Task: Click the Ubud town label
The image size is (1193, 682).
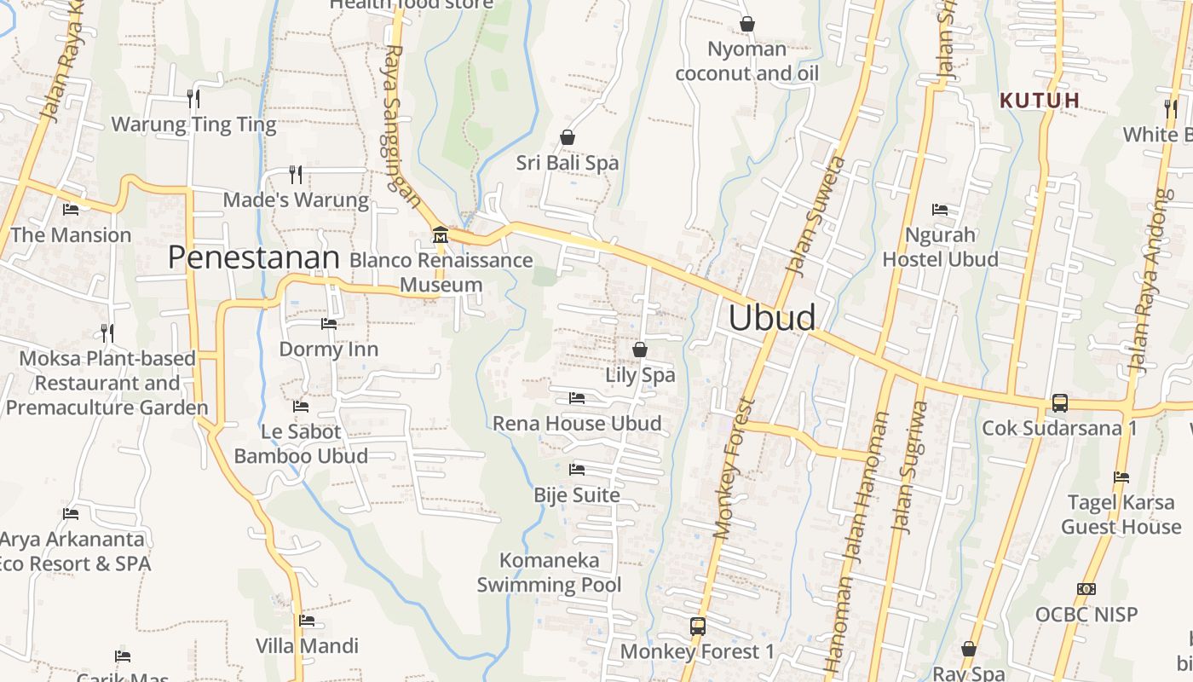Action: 772,317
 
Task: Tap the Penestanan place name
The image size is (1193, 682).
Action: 254,257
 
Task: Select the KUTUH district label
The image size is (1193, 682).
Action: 1040,101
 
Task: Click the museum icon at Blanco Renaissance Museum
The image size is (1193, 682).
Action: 440,234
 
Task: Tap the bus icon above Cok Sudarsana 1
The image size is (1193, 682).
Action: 1059,402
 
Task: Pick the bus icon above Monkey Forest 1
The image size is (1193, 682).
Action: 697,627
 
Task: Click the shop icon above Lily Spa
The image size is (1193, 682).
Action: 639,350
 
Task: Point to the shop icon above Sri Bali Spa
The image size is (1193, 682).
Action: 567,137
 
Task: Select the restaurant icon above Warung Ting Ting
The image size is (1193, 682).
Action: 193,99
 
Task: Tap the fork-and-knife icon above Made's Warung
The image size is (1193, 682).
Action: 296,175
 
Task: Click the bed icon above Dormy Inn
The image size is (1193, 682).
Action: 328,324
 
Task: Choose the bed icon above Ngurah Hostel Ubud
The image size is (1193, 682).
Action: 940,209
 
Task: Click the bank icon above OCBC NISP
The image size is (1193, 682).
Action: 1086,589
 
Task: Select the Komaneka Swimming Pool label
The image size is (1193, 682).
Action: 549,572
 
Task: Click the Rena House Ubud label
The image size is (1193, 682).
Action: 577,423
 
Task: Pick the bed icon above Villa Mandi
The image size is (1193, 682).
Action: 307,621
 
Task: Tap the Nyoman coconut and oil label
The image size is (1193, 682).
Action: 746,61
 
